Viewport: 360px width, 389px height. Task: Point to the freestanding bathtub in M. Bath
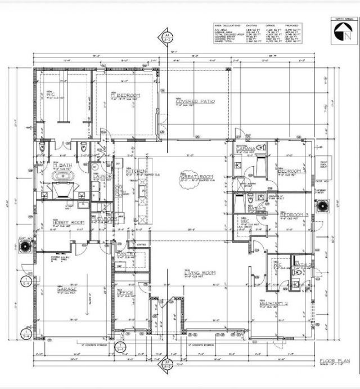[60, 175]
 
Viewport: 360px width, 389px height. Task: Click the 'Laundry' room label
[101, 176]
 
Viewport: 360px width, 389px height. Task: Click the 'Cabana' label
[246, 148]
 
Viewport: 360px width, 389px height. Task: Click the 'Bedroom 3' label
[292, 214]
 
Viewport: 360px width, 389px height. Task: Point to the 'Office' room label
[124, 293]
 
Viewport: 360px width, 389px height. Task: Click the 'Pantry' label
[124, 254]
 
